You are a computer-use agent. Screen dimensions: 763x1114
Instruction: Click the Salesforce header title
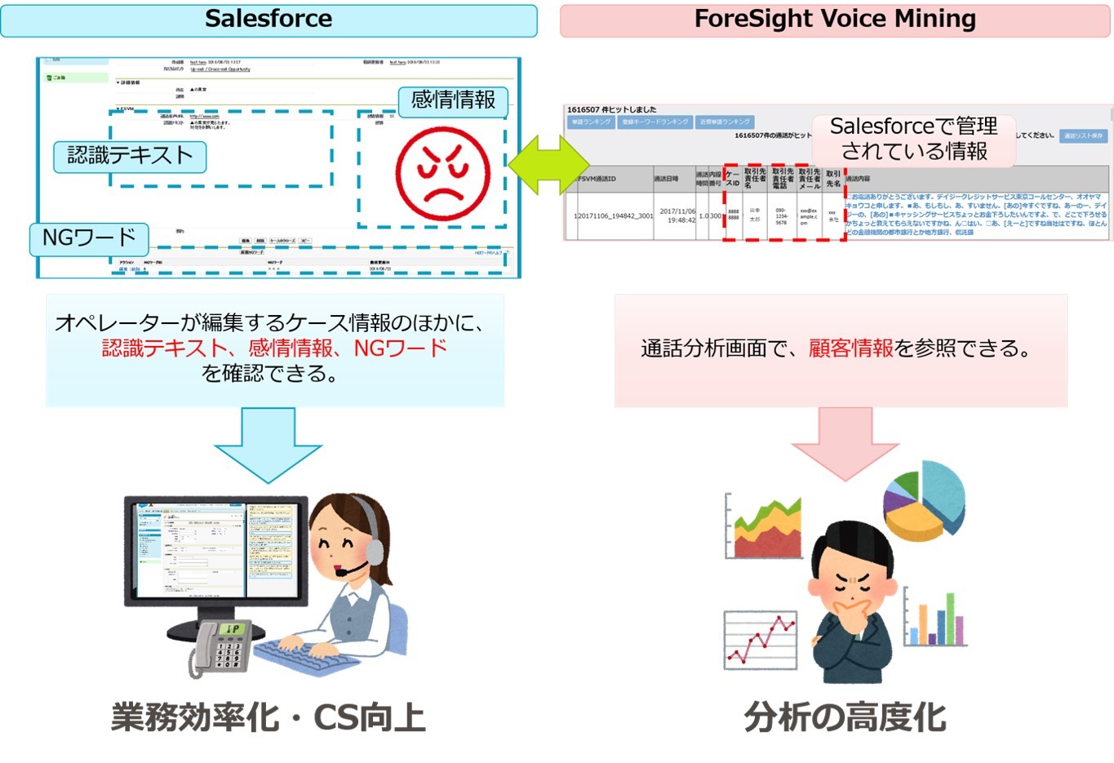[269, 19]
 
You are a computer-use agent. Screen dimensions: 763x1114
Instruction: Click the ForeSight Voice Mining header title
[835, 19]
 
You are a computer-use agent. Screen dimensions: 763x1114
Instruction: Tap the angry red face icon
[442, 172]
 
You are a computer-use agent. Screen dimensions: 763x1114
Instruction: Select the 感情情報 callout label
[453, 100]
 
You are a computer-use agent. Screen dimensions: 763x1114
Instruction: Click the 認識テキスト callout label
[130, 156]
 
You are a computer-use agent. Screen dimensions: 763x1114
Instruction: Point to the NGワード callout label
[89, 237]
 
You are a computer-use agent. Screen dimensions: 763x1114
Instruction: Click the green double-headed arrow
[548, 165]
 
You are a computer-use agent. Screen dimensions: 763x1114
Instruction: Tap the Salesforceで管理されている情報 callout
[913, 139]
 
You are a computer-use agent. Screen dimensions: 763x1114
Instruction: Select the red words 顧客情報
[850, 348]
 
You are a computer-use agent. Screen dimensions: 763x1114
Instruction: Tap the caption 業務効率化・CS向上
[269, 717]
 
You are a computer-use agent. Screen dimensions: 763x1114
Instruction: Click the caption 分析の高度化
[845, 717]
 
